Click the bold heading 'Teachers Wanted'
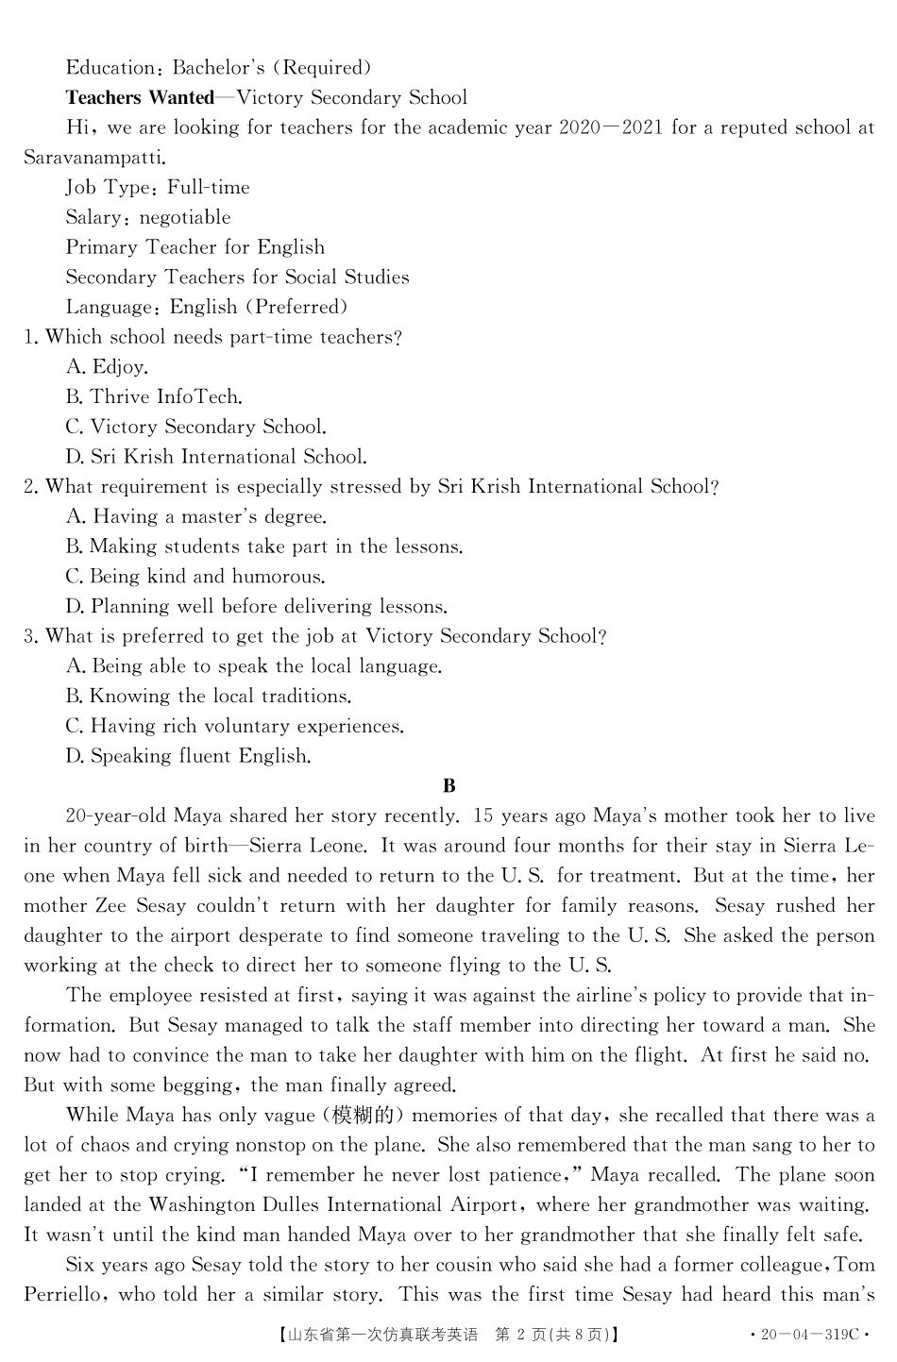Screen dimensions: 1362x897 (140, 98)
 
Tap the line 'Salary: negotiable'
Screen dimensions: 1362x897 (148, 218)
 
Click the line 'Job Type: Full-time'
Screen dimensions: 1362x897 (158, 188)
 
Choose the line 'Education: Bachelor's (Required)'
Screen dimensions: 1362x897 (218, 68)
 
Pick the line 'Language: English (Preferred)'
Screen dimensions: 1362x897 (207, 308)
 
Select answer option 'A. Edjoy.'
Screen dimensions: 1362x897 (107, 367)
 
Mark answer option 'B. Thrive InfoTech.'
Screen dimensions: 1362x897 (154, 397)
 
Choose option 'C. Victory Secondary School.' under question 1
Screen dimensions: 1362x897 (195, 428)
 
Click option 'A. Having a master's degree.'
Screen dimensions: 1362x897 (196, 517)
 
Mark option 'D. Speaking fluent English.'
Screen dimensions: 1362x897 (188, 756)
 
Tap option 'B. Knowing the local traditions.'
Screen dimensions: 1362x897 (209, 697)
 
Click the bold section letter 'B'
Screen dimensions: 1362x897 (449, 786)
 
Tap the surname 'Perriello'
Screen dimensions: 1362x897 (65, 1295)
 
